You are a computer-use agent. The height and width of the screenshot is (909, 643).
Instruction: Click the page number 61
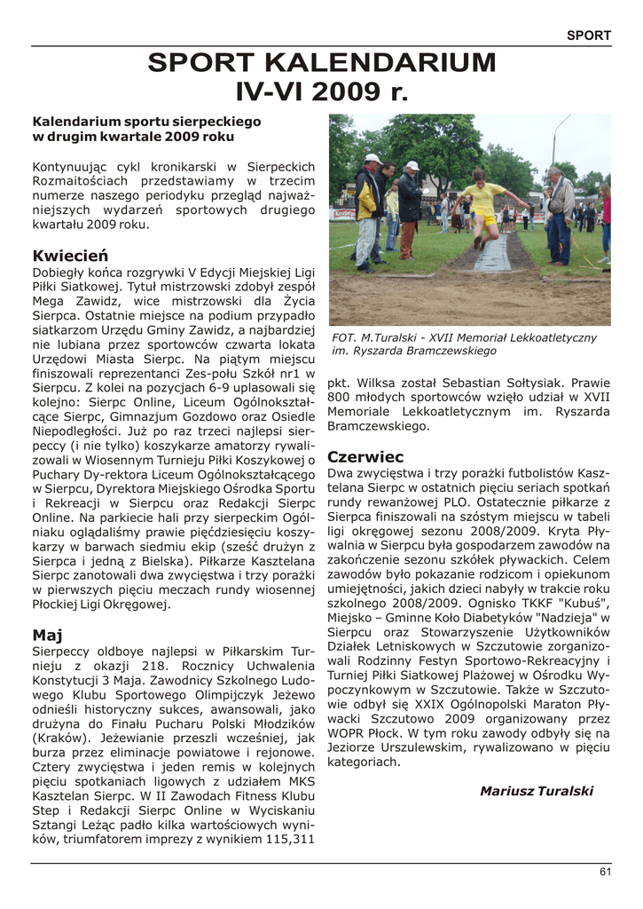click(605, 872)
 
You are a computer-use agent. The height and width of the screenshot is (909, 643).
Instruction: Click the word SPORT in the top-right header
click(589, 36)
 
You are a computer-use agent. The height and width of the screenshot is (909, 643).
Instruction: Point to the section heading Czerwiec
click(365, 457)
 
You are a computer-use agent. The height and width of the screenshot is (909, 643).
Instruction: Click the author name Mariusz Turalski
click(536, 791)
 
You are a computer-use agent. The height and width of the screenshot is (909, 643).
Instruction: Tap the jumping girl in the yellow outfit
click(484, 205)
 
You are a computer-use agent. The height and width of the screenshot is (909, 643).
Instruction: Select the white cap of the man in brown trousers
click(412, 165)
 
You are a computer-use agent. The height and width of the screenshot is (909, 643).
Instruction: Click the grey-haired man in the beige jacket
click(559, 213)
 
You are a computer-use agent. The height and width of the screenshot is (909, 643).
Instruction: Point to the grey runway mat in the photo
click(491, 257)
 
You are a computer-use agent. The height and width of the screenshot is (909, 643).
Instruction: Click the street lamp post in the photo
click(554, 142)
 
